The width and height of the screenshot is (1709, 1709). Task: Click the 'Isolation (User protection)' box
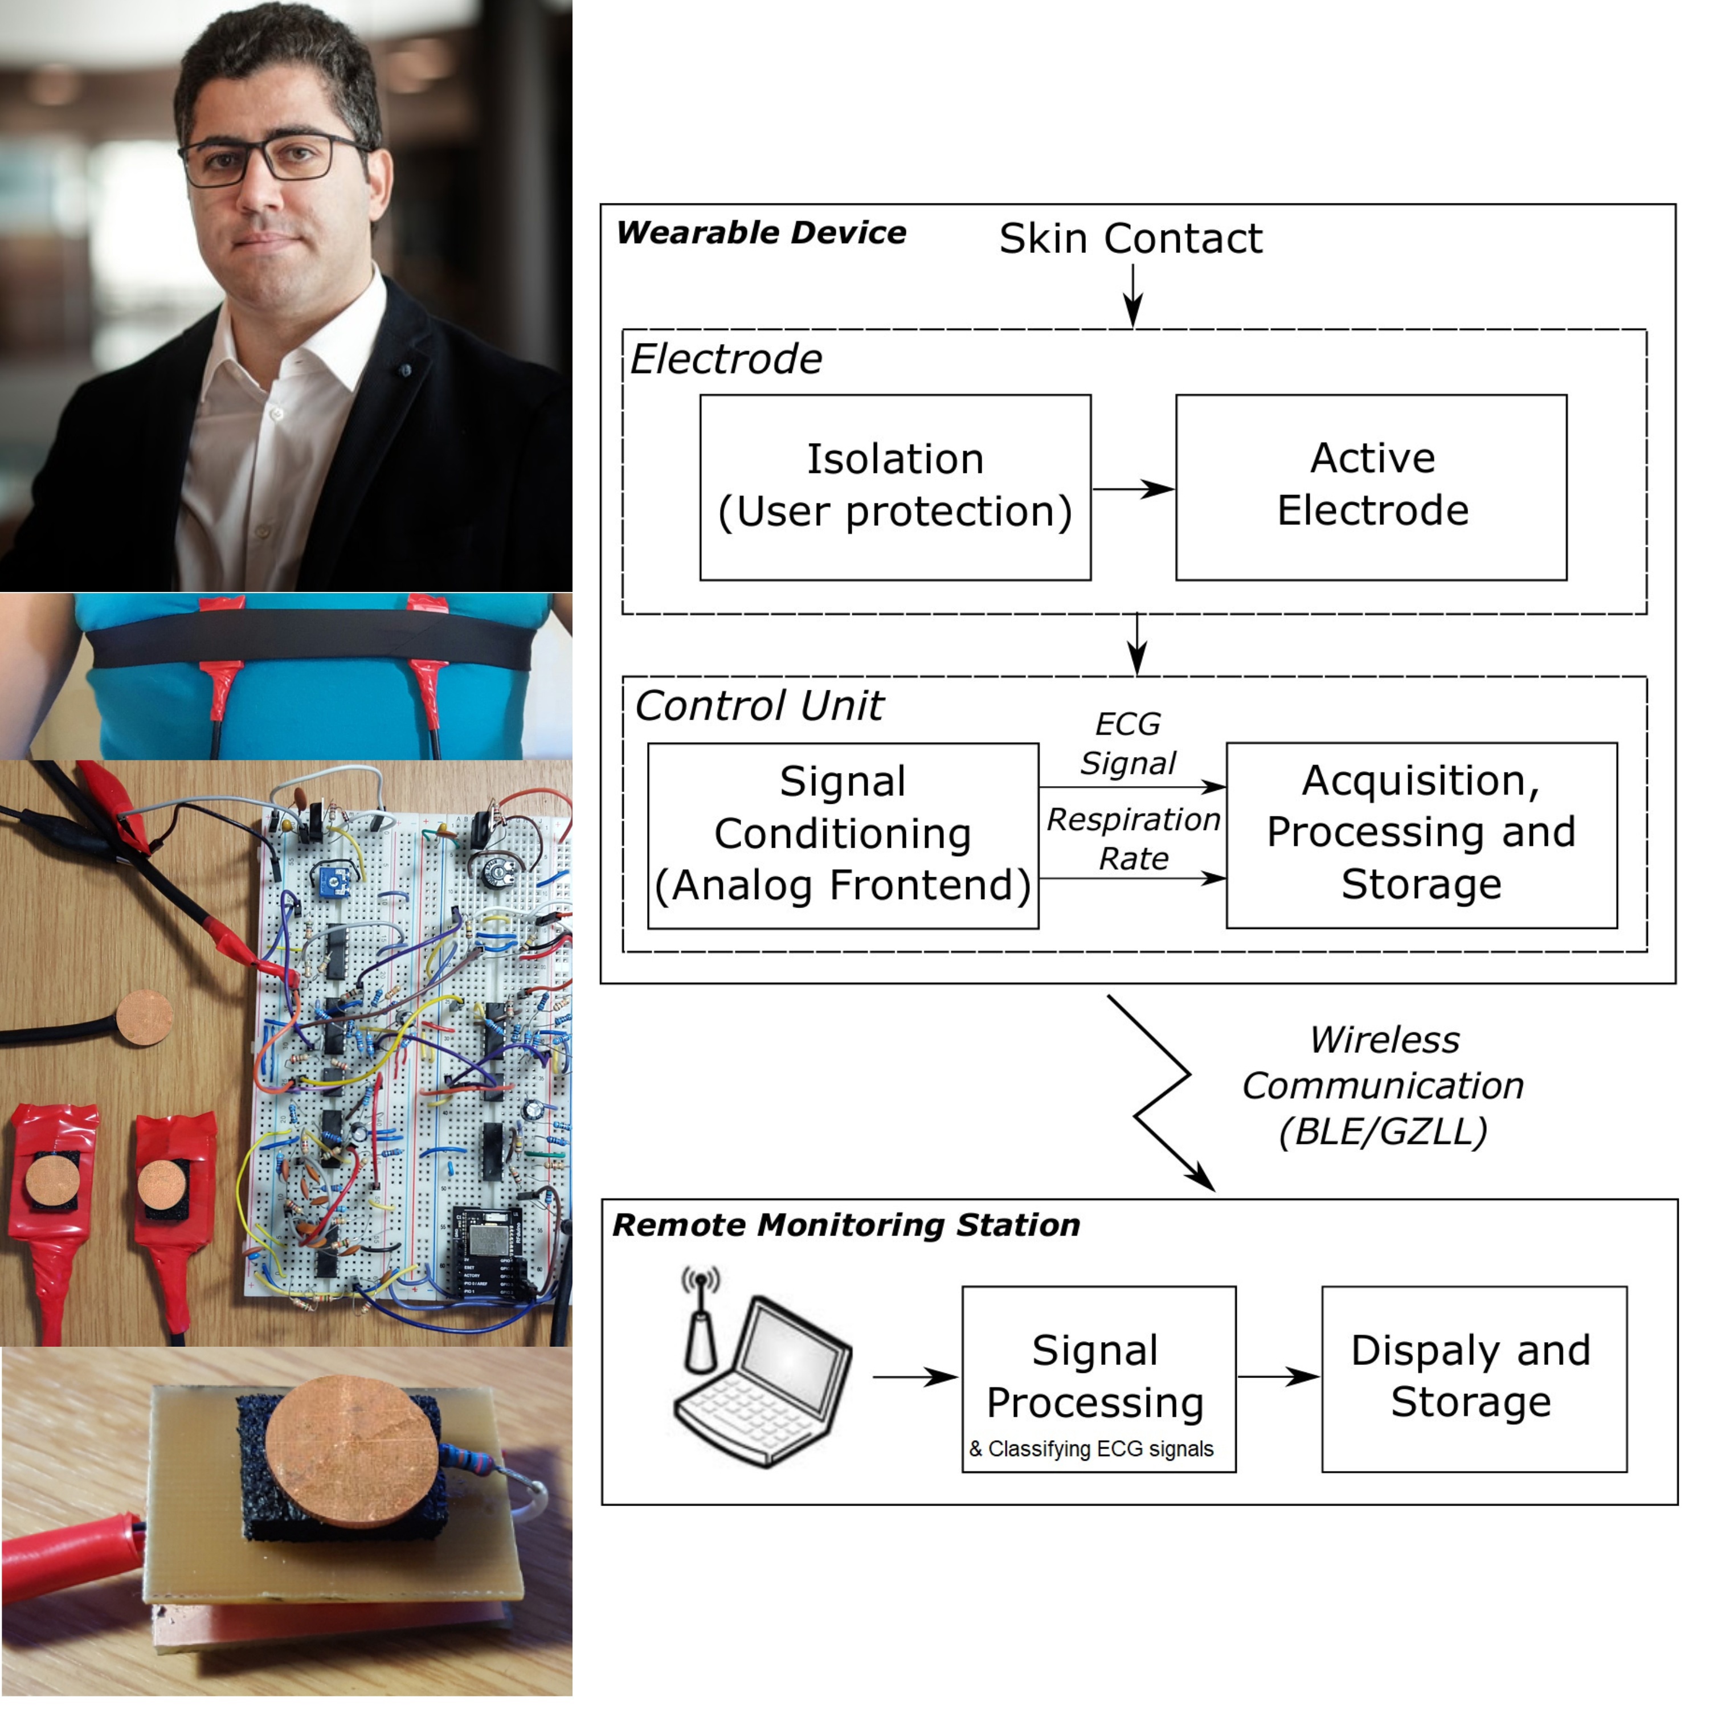point(894,488)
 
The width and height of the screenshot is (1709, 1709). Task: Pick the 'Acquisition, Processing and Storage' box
point(1421,834)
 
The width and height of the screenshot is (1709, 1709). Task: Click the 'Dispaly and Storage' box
point(1473,1377)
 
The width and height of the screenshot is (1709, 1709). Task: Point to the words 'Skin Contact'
point(1130,239)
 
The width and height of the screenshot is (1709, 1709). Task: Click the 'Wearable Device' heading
point(761,232)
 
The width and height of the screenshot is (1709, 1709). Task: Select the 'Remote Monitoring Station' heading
point(845,1225)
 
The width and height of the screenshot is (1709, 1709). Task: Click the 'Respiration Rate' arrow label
point(1133,839)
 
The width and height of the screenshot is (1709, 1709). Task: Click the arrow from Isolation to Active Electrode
point(1132,489)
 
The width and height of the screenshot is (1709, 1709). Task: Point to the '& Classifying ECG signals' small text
point(1091,1449)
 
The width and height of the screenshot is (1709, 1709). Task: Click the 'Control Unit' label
point(759,706)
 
